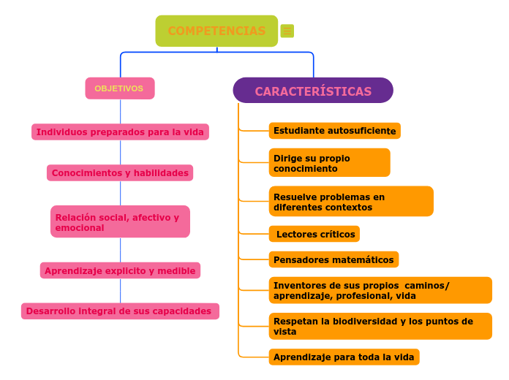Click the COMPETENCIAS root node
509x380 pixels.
216,31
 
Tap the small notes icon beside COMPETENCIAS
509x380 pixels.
287,31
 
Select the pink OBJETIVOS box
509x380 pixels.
120,88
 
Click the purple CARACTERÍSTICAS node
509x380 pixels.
313,90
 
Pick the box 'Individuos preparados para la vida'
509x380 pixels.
120,132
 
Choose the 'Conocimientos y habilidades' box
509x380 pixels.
120,172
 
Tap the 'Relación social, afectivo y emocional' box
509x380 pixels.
120,221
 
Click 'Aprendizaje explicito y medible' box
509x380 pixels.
120,270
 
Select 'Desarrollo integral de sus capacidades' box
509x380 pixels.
120,311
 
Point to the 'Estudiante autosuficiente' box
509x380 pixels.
335,131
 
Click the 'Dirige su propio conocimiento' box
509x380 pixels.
330,162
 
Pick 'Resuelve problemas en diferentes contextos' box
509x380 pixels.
351,201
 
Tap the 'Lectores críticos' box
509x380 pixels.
314,234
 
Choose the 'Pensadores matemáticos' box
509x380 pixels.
333,259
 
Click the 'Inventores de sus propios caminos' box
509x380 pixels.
380,290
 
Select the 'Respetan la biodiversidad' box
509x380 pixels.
380,326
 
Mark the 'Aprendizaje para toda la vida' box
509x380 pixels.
344,357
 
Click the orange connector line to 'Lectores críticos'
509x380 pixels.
254,233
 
